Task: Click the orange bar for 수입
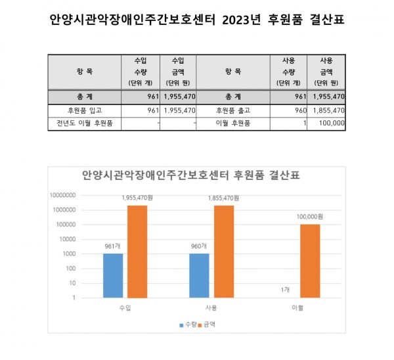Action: [x=138, y=251]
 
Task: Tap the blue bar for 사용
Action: [x=199, y=275]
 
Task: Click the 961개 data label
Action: [x=112, y=246]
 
